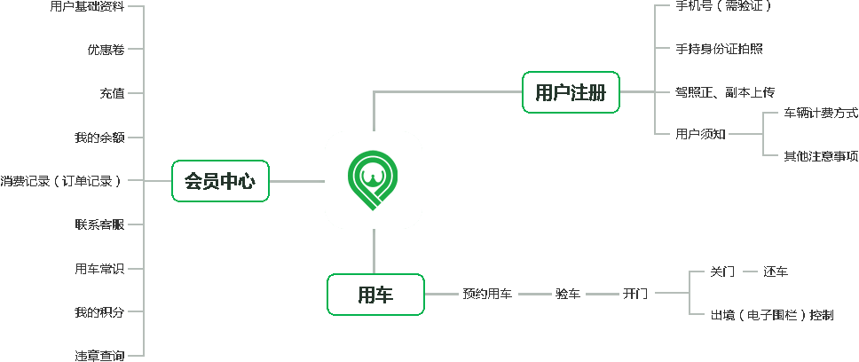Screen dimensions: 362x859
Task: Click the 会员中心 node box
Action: pos(220,181)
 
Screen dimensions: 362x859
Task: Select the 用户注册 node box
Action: pos(571,92)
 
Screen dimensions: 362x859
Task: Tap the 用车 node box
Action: pos(375,295)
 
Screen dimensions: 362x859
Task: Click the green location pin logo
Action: pos(374,180)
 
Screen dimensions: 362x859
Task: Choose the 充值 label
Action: pos(111,93)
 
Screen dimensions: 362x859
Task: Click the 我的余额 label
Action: pos(99,138)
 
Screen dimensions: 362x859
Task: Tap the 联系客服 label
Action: pos(99,224)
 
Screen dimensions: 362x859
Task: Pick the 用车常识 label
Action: pos(99,268)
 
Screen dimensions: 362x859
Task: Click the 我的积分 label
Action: pos(99,312)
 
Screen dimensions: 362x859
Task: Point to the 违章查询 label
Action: pos(99,356)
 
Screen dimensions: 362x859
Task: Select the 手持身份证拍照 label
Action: pos(719,49)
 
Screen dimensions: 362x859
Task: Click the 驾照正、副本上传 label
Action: pos(725,91)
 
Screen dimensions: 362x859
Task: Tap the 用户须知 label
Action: pos(700,134)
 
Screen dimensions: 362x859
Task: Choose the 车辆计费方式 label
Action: pos(820,113)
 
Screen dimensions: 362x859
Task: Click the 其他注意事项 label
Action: pos(820,156)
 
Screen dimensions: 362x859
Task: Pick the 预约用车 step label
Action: pos(486,294)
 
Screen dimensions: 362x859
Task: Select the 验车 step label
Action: pos(568,294)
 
